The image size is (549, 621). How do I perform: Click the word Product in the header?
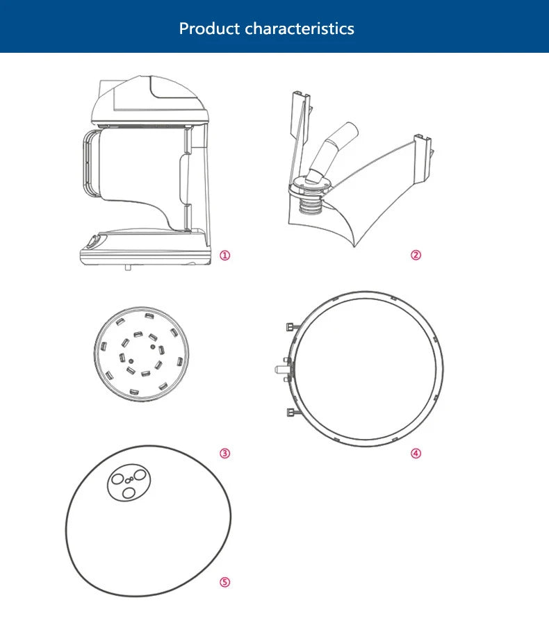(210, 28)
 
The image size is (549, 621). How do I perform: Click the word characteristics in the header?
(300, 28)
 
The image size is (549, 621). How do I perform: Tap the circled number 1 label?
(225, 256)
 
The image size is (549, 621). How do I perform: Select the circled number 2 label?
(416, 255)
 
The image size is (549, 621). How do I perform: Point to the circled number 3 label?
(225, 453)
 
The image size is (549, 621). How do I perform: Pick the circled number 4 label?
(416, 453)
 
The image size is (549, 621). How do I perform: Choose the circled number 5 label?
(225, 582)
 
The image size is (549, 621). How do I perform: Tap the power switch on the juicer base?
(94, 241)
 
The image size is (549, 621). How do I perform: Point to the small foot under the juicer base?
(128, 267)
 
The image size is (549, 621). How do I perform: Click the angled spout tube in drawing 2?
(333, 152)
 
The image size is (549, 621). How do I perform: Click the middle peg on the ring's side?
(282, 369)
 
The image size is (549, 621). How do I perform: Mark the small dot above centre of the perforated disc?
(153, 347)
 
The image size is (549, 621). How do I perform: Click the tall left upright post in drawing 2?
(300, 131)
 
